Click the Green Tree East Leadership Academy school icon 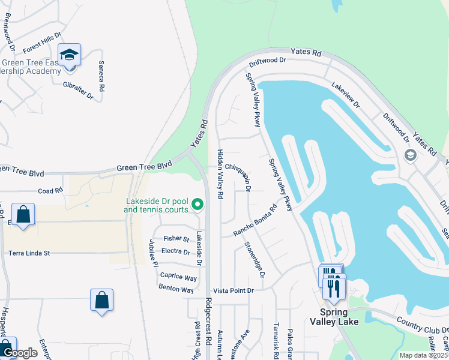point(69,55)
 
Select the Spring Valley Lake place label point(334,317)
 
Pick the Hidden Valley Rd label point(220,174)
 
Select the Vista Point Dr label point(234,290)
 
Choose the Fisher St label point(176,239)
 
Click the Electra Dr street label point(176,252)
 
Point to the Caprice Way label point(178,277)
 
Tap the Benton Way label point(176,289)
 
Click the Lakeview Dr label point(345,95)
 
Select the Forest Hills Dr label point(42,43)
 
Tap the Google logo point(20,353)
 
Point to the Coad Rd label point(50,191)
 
